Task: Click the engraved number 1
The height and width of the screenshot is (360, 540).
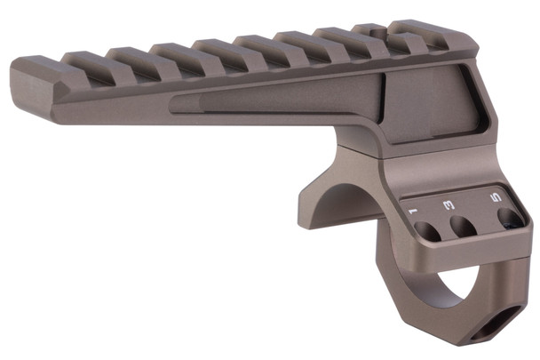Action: (x=412, y=212)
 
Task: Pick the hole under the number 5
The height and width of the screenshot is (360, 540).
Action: (x=509, y=218)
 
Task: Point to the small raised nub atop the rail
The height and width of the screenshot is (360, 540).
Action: (x=368, y=28)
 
